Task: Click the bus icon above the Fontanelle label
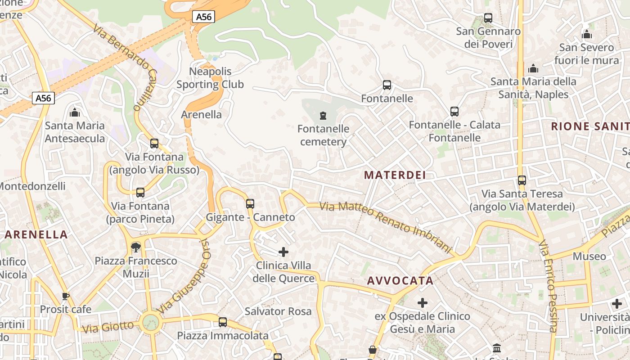387,85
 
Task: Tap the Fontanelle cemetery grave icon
323,116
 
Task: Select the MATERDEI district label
395,175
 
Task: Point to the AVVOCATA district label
400,281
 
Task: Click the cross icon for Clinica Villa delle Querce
283,252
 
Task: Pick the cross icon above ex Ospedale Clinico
422,303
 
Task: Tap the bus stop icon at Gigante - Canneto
250,204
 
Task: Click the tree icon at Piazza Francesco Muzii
135,247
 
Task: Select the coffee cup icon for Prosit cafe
66,296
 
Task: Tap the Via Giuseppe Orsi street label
184,275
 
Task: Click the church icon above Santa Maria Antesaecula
75,112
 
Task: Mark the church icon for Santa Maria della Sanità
533,68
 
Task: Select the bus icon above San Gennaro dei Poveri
488,18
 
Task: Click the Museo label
589,256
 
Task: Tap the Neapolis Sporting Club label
210,78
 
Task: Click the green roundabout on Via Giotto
150,322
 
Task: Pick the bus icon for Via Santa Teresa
522,180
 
